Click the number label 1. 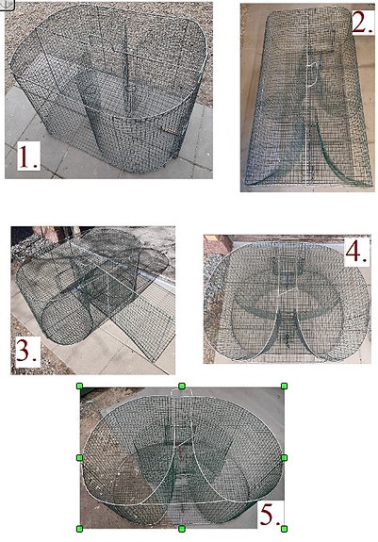pos(28,156)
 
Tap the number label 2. pos(363,22)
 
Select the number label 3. pos(26,352)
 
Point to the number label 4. pos(356,253)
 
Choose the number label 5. pos(270,515)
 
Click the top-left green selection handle pos(79,386)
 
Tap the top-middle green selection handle pos(182,386)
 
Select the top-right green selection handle pos(284,386)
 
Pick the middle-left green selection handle pos(79,458)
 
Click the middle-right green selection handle pos(284,458)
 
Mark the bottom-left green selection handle pos(79,529)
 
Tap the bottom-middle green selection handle pos(182,529)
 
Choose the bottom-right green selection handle pos(284,529)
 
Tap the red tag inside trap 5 pos(180,450)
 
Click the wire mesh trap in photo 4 pos(288,300)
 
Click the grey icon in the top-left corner pos(7,4)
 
